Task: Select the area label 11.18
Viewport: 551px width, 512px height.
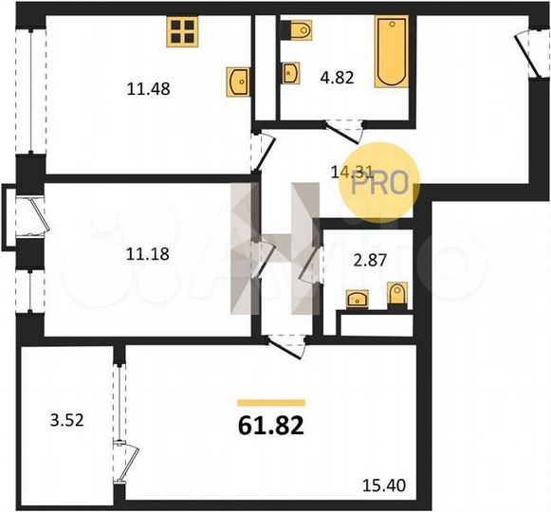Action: click(x=144, y=253)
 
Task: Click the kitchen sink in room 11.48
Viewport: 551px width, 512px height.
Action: click(x=239, y=82)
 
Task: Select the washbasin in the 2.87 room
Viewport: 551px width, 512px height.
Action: click(x=358, y=301)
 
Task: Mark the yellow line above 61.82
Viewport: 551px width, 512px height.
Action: click(x=270, y=403)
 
